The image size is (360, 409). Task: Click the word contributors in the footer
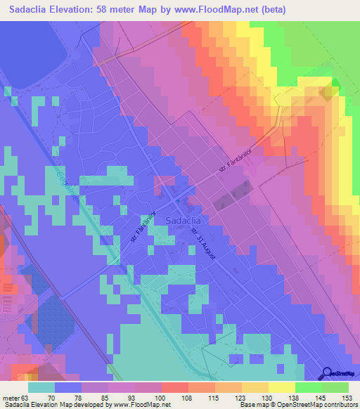tap(340, 404)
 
